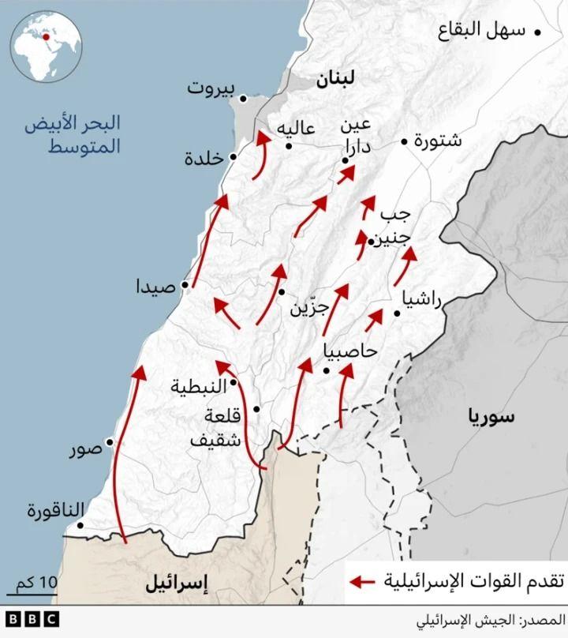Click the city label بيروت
click(211, 88)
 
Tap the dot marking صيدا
click(185, 285)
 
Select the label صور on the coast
click(84, 450)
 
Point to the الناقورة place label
click(54, 510)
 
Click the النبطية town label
click(199, 386)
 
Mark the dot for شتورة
click(404, 142)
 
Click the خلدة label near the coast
click(204, 158)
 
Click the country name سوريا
click(490, 417)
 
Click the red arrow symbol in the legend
click(362, 582)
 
